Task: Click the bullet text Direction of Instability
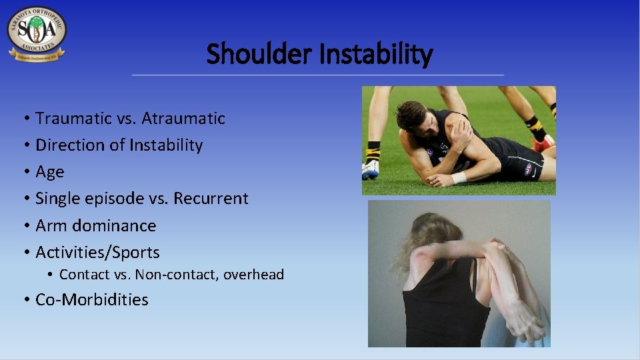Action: coord(119,145)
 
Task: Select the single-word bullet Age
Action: coord(50,171)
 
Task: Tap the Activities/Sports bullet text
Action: coord(97,252)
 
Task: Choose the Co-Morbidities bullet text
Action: coord(92,299)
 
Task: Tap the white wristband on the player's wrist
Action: coord(459,178)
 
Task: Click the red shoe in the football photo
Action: coord(544,143)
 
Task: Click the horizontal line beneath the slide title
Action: coord(318,75)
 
